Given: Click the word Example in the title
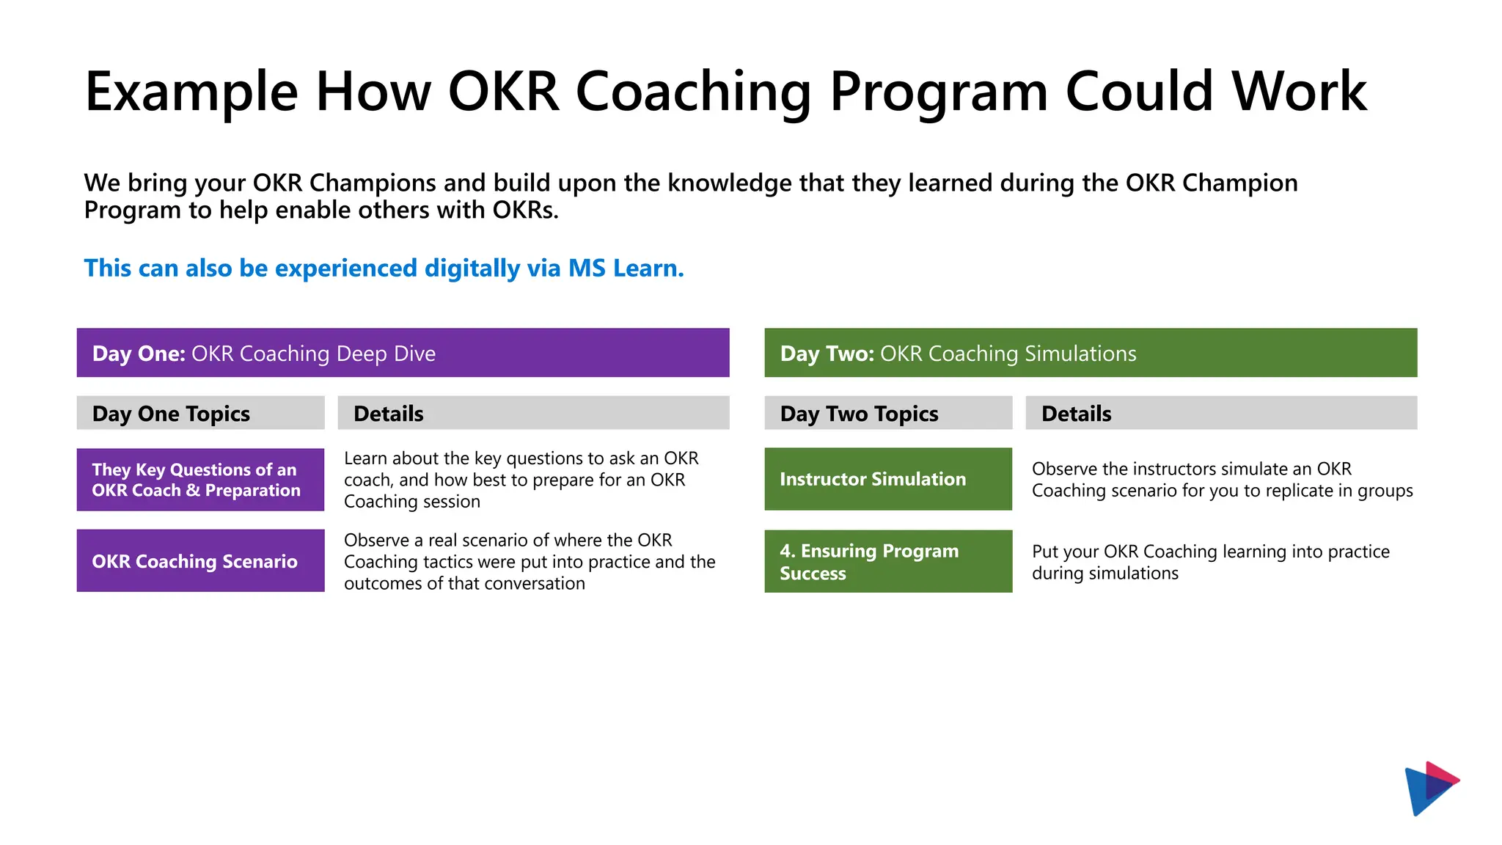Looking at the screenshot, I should coord(191,92).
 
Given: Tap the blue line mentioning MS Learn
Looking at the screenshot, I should coord(384,268).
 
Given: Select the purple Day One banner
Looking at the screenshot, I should coord(403,353).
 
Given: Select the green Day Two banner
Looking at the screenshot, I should coord(1090,353).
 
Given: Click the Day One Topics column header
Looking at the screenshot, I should coord(200,414).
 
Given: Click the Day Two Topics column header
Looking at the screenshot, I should coord(887,414).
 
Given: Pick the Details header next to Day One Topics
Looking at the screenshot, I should coord(533,414).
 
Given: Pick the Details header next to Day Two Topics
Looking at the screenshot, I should coord(1220,414).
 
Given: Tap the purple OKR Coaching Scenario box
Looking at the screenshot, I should coord(200,561).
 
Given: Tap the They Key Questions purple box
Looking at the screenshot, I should coord(200,480).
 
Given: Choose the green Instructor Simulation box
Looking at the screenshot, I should coord(887,479).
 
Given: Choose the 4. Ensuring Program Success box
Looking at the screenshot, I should coord(887,562).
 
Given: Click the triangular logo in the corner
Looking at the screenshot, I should coord(1430,788).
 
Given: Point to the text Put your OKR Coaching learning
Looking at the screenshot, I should coord(1210,563).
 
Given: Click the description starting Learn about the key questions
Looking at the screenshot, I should coord(521,480).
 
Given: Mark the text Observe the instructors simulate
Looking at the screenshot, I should coord(1221,480).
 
